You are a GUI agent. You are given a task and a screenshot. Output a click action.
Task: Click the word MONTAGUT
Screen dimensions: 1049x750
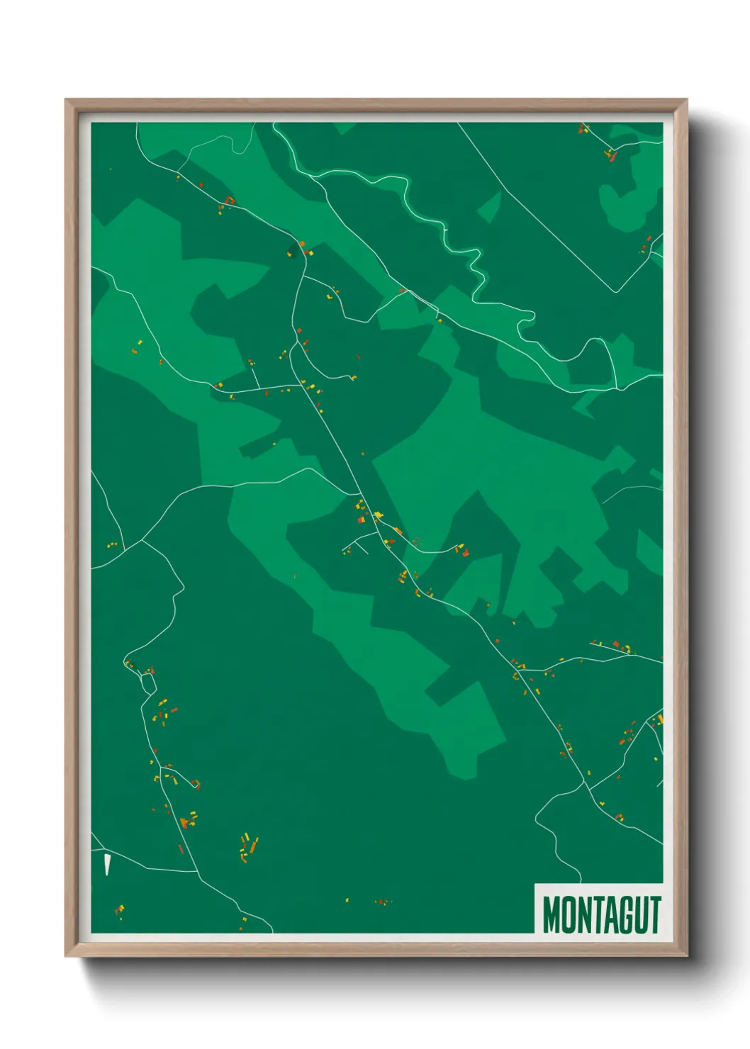(601, 914)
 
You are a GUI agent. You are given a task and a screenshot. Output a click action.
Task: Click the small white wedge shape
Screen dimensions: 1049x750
(107, 864)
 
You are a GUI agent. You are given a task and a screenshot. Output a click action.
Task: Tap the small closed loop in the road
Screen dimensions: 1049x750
(148, 683)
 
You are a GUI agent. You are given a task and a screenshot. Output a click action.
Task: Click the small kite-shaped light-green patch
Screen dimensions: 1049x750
(489, 206)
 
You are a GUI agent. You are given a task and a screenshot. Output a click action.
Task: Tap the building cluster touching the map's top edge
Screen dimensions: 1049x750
(583, 128)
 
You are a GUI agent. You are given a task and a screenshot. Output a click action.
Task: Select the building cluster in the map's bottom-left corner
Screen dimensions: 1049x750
(119, 910)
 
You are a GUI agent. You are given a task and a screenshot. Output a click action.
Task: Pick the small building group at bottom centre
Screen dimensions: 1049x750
(383, 902)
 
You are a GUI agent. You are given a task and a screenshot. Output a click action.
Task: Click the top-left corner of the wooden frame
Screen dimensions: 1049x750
(67, 101)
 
